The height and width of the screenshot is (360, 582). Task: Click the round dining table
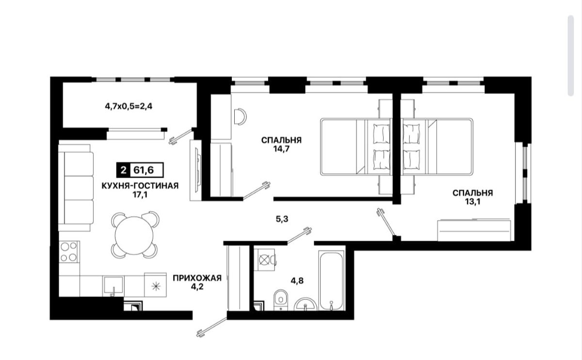[134, 236]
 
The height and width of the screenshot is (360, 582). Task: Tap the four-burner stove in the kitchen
[69, 252]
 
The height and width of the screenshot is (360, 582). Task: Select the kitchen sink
[113, 286]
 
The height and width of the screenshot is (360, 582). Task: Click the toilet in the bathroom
[281, 300]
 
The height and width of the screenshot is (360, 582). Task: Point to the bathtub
[331, 280]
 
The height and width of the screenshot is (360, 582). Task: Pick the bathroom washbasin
[306, 304]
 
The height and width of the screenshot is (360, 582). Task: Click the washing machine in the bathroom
[265, 260]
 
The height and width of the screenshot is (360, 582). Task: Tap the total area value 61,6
[144, 170]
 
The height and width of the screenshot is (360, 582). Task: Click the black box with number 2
[123, 170]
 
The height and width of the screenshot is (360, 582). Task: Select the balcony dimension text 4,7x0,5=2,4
[129, 106]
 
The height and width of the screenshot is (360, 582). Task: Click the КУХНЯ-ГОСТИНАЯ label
[140, 186]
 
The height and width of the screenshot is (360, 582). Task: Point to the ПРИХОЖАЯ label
[197, 278]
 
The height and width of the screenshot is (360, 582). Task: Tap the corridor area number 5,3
[282, 219]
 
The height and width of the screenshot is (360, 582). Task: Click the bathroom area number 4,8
[297, 281]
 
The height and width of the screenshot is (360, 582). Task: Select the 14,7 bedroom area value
[281, 149]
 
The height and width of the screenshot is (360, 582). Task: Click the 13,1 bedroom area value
[472, 202]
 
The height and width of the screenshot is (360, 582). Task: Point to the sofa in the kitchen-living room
[76, 188]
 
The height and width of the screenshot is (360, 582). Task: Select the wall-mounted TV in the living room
[198, 169]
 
